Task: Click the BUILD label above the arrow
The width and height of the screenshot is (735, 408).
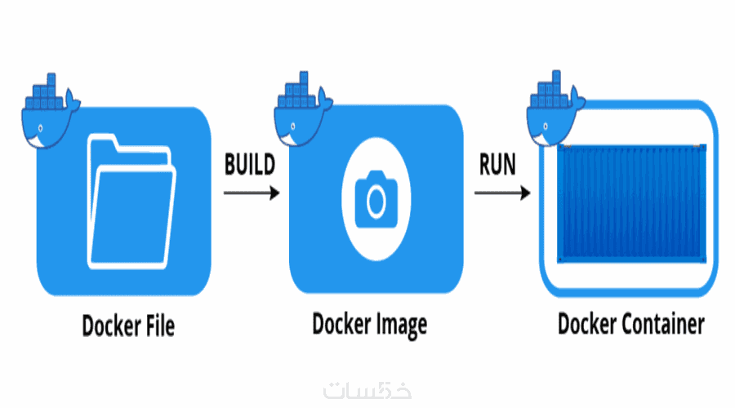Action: pos(249,163)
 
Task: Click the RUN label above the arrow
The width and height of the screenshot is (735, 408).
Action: pos(497,163)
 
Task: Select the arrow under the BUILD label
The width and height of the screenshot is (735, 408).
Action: pos(251,193)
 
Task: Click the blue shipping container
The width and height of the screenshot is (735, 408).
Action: pos(630,203)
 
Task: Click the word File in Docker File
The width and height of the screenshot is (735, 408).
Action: pos(155,326)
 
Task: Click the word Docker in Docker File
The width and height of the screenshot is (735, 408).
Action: pos(107,326)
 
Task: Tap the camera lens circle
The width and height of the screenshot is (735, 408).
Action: pos(376,200)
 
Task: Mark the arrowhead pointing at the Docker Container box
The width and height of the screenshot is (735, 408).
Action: pos(525,193)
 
